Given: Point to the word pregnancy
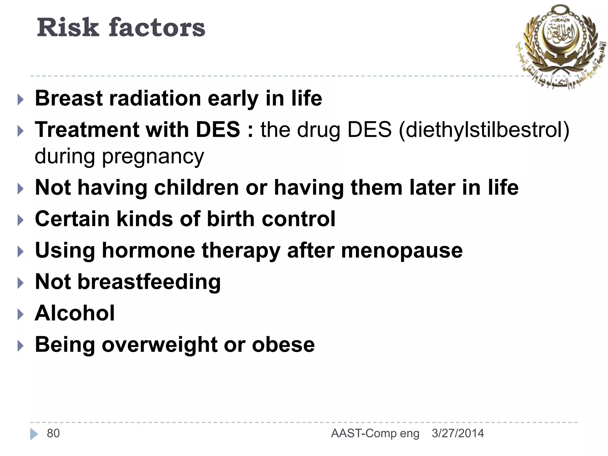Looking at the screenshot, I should point(153,157).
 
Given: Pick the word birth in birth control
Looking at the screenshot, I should point(231,219).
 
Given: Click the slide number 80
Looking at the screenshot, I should point(53,433).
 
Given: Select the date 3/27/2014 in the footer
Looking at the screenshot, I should point(457,433).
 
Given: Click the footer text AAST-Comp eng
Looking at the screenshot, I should point(375,433).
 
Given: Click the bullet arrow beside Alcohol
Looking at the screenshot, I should point(20,314).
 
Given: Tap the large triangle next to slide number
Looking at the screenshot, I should point(34,434).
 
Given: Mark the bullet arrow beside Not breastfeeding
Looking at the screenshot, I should point(20,283).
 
